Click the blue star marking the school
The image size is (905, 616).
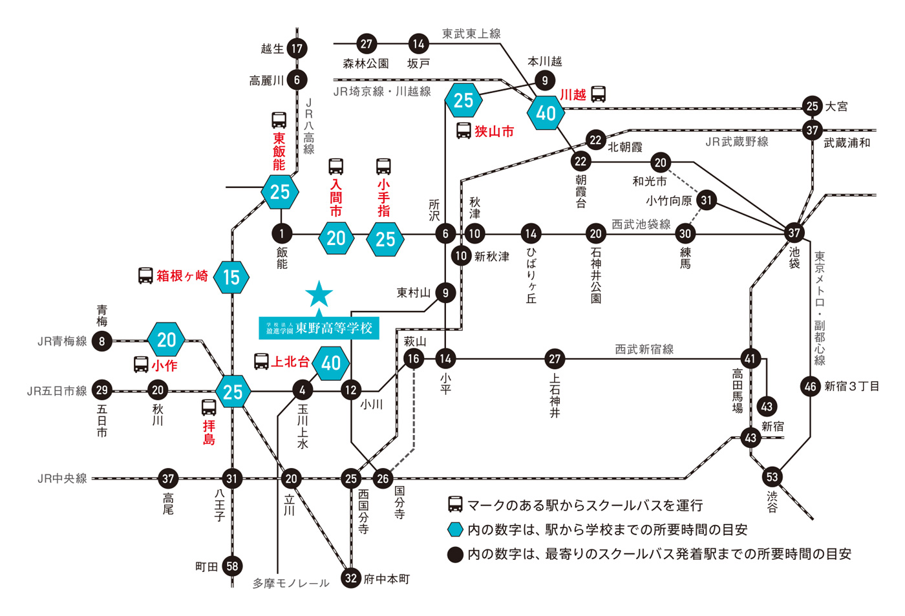point(319,295)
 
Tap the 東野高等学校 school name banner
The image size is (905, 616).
point(319,328)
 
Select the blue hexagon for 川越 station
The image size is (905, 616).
point(546,113)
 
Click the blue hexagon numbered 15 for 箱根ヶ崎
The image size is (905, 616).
point(231,277)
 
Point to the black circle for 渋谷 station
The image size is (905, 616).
point(772,477)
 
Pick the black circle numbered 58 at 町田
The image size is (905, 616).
point(232,566)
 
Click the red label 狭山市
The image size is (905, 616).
point(494,131)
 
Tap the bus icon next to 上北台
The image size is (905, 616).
point(261,361)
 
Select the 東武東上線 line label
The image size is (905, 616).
point(471,34)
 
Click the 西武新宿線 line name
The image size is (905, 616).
point(644,349)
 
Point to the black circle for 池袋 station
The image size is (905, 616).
point(794,233)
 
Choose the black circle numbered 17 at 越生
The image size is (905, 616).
point(297,48)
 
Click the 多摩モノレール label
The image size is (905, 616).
point(291,583)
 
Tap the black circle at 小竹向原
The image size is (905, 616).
point(707,200)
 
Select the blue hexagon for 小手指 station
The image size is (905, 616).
point(385,239)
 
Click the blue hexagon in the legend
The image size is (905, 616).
point(456,529)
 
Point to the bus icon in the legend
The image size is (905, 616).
point(455,505)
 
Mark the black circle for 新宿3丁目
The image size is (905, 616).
point(811,387)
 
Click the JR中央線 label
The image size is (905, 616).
point(62,478)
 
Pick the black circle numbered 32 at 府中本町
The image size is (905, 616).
point(351,578)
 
